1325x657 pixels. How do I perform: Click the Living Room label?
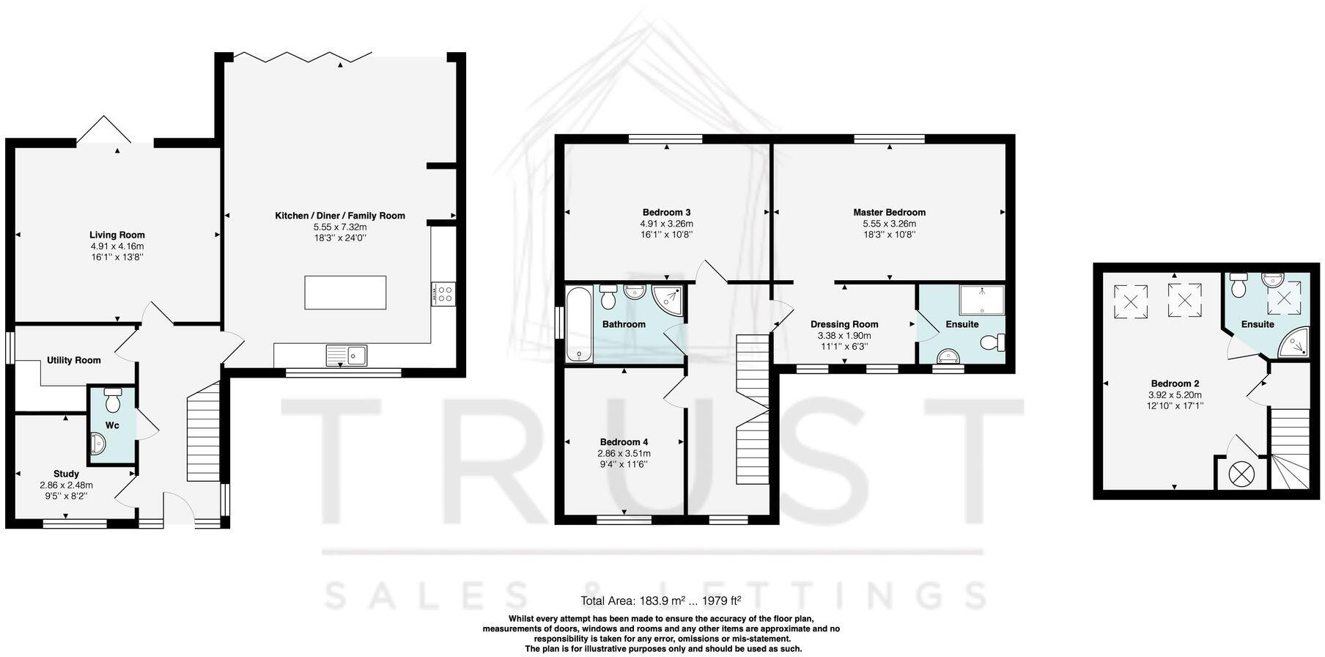(x=117, y=235)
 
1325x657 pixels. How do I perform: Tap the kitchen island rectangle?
(x=345, y=293)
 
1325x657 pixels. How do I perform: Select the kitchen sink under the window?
(x=348, y=356)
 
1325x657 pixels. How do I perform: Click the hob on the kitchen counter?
(x=443, y=294)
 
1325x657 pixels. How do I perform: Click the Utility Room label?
(x=73, y=360)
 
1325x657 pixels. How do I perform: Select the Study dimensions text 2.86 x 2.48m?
(x=66, y=485)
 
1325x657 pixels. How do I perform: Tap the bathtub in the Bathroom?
(x=578, y=323)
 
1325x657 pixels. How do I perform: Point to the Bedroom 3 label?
(x=666, y=213)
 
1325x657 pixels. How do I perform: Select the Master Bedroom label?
(x=889, y=213)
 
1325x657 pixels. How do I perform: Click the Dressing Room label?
(x=844, y=324)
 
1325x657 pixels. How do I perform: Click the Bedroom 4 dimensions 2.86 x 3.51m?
(x=624, y=453)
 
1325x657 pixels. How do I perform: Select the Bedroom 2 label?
(x=1175, y=383)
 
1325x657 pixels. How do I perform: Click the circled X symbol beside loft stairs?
(x=1240, y=473)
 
